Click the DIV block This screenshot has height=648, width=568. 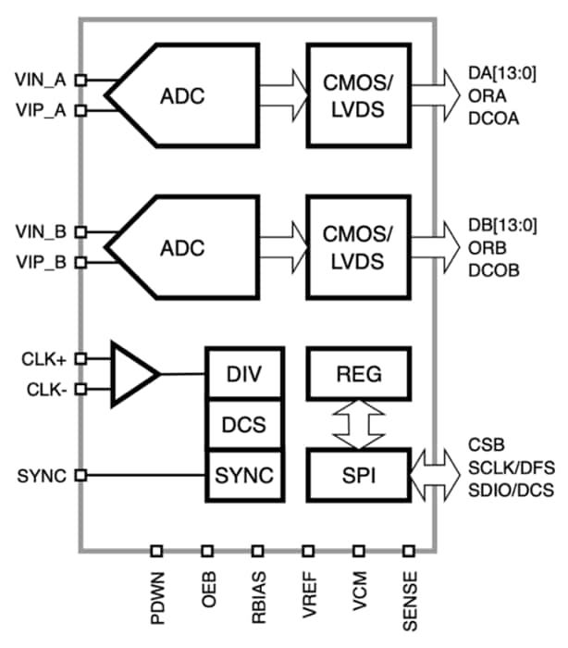pos(243,374)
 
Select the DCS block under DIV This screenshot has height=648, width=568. pos(243,425)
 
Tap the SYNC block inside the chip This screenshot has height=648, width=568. pos(243,476)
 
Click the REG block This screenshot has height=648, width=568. pos(357,374)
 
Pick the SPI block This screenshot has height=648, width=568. pos(357,476)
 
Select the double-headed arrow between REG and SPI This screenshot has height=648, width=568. pos(357,425)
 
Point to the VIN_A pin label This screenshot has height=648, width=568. pos(42,81)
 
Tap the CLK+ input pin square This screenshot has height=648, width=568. pos(81,357)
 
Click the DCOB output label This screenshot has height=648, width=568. pos(496,271)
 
